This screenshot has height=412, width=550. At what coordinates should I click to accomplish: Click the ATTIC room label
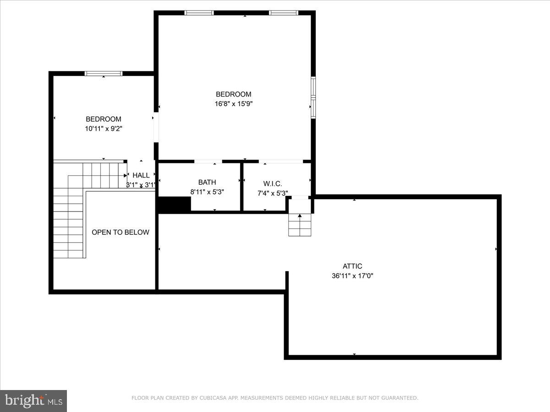[352, 266]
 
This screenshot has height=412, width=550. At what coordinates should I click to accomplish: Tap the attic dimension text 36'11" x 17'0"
[352, 276]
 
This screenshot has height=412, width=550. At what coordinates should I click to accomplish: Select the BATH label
[207, 182]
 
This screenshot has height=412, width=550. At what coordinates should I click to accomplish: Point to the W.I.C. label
[272, 183]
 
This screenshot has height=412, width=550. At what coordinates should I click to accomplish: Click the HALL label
[141, 175]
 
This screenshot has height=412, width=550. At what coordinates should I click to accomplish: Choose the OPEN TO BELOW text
[120, 232]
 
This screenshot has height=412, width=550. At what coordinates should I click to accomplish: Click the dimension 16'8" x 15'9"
[234, 104]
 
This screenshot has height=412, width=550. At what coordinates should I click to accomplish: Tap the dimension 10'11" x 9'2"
[104, 129]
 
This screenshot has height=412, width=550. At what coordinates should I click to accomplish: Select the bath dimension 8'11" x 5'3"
[207, 193]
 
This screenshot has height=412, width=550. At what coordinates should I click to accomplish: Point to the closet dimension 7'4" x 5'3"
[272, 193]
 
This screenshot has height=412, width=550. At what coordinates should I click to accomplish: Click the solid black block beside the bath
[174, 204]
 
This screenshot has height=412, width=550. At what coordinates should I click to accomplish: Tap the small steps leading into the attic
[300, 225]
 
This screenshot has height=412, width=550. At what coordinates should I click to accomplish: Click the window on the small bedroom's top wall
[104, 73]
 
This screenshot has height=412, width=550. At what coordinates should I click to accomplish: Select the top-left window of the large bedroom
[199, 13]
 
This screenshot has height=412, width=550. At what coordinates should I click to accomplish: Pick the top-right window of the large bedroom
[284, 13]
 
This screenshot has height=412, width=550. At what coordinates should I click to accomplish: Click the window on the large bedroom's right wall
[313, 98]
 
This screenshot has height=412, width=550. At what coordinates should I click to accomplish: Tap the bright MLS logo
[33, 401]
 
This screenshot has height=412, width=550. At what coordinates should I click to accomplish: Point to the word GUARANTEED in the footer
[399, 398]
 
